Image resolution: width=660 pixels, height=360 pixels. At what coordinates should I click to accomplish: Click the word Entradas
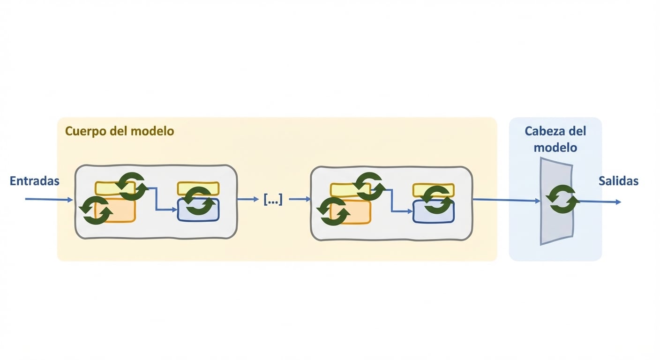[35, 181]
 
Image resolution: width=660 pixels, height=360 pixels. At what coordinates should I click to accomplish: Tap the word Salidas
[618, 181]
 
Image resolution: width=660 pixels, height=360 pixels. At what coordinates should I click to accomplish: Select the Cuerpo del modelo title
[120, 131]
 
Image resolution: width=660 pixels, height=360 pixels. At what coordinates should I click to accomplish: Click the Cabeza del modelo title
[555, 139]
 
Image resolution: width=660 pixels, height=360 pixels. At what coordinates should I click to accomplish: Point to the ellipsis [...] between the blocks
[273, 199]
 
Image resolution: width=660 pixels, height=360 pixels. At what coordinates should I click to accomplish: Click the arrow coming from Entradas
[49, 199]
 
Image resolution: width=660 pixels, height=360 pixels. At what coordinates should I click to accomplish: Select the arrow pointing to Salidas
[600, 202]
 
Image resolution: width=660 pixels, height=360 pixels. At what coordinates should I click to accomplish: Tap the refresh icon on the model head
[563, 199]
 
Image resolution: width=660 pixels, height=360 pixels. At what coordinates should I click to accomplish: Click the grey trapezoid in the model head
[556, 201]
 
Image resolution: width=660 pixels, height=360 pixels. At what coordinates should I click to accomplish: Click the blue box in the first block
[198, 210]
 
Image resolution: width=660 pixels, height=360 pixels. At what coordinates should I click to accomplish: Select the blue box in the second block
[434, 211]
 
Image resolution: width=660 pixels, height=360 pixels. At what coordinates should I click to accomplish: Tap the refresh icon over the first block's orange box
[96, 210]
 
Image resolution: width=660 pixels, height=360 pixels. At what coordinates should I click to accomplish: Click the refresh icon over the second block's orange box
[333, 211]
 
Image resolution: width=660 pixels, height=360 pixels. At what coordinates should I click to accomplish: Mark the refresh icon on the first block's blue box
[198, 201]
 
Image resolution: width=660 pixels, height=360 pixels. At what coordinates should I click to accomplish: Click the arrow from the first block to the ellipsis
[248, 199]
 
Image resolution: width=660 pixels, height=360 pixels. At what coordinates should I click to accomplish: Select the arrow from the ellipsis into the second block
[300, 199]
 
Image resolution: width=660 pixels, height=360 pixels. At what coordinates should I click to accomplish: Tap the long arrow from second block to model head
[507, 200]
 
